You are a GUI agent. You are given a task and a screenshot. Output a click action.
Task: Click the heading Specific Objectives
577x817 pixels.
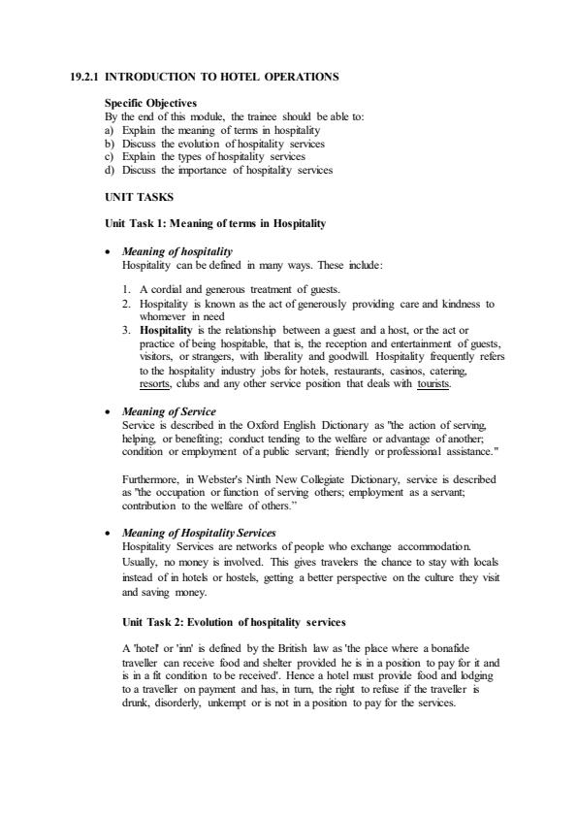pyautogui.click(x=149, y=102)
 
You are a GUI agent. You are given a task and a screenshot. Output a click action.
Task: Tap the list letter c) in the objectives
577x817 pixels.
pyautogui.click(x=111, y=156)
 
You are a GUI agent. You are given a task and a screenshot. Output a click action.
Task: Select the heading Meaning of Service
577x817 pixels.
pyautogui.click(x=169, y=412)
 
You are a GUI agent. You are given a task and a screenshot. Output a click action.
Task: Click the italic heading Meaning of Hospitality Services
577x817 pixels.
pyautogui.click(x=200, y=533)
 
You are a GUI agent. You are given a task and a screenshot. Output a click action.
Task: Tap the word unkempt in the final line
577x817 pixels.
pyautogui.click(x=250, y=703)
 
